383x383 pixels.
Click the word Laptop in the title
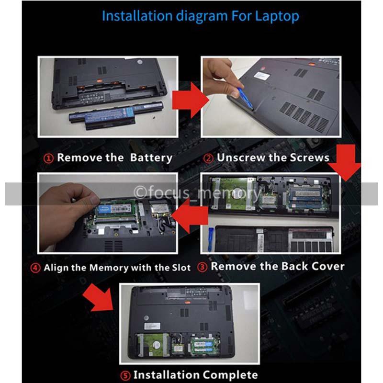click(x=277, y=17)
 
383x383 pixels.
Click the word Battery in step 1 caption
click(x=151, y=158)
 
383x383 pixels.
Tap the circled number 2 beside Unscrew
click(x=208, y=158)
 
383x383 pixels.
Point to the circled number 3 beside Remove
click(x=202, y=267)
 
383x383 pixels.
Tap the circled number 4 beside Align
click(x=35, y=268)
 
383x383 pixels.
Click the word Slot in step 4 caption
click(x=181, y=268)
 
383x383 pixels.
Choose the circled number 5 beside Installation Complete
click(x=125, y=375)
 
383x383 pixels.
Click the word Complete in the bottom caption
click(x=230, y=375)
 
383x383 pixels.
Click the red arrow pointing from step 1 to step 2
click(x=191, y=100)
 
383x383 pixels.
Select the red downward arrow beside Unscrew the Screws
click(x=345, y=162)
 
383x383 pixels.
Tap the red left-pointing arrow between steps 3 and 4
click(x=190, y=215)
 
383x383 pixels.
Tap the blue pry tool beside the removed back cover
click(x=210, y=239)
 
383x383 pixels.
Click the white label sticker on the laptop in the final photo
click(x=152, y=326)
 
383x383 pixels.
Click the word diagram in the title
click(x=202, y=17)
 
